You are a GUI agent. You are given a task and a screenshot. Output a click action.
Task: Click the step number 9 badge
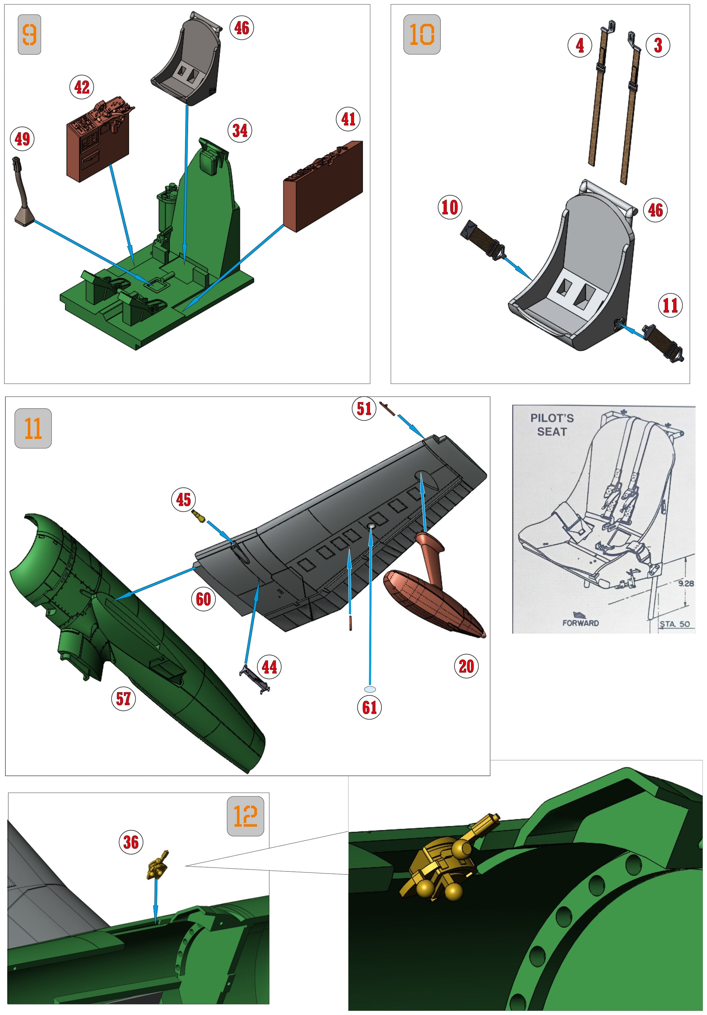tap(29, 35)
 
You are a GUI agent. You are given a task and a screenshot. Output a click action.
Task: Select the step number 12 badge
tap(245, 816)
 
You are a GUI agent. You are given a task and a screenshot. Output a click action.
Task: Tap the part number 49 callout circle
tap(22, 139)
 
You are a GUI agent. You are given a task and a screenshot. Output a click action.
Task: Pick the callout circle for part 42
tap(82, 87)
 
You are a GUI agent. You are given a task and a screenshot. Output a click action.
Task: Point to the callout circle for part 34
tap(240, 130)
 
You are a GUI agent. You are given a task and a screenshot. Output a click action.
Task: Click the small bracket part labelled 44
tap(255, 677)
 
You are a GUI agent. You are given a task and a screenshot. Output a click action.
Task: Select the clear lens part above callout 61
tap(370, 689)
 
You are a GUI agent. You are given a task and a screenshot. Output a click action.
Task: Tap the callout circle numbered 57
tap(123, 699)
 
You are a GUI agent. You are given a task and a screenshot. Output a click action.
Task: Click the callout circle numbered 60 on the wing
tap(203, 599)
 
